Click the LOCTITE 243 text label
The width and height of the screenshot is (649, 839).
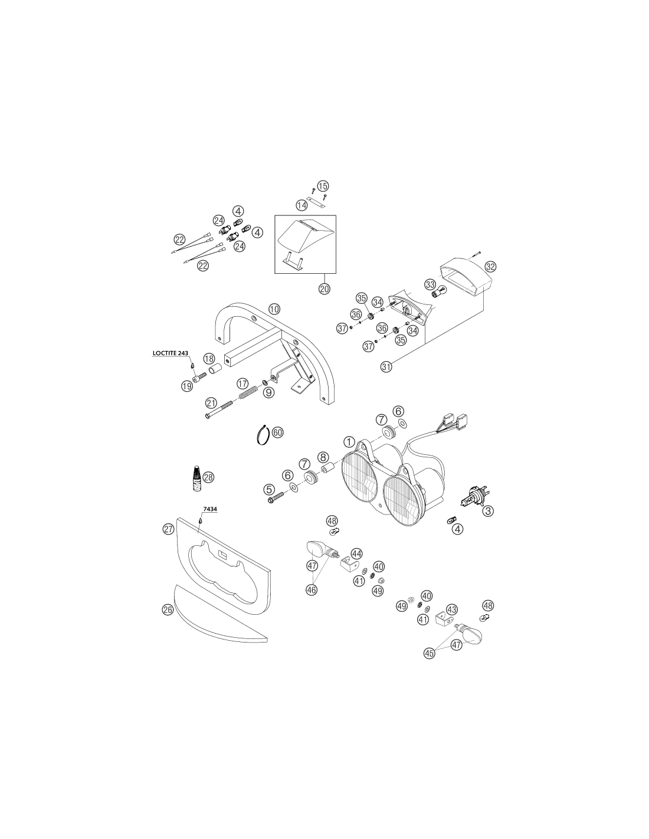pos(171,353)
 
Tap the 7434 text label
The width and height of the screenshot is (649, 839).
pos(210,509)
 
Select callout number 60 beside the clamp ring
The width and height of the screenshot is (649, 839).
pos(277,432)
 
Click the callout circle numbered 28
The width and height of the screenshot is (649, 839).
pos(208,477)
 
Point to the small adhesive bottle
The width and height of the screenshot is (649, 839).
pos(197,479)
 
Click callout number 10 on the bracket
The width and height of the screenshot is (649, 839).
pos(274,309)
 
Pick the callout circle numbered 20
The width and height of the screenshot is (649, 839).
pos(324,289)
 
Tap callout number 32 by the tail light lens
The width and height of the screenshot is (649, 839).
pos(491,267)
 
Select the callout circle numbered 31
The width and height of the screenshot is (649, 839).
pos(386,366)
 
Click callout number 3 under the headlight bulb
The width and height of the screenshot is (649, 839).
pos(489,511)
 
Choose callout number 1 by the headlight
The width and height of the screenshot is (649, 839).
pos(349,442)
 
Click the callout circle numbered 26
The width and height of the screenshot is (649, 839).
pos(168,609)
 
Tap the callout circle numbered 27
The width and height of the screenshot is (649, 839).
pos(168,529)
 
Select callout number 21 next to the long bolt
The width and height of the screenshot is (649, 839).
pos(211,404)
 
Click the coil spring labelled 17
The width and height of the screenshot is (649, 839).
pos(245,395)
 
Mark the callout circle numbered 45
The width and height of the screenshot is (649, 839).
pos(430,653)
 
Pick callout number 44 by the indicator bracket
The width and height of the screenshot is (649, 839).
pos(356,554)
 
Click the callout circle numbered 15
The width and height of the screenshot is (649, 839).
pos(323,186)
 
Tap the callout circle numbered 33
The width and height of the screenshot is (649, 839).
pos(430,284)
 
